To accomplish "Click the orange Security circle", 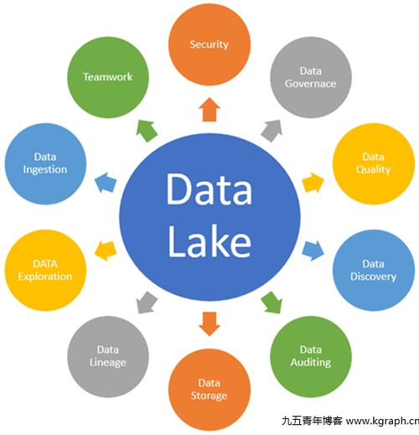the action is (209, 44).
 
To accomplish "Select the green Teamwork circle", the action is (108, 77).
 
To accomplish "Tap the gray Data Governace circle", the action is (311, 77).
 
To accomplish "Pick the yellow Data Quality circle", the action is (374, 163).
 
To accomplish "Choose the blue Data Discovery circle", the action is (374, 270).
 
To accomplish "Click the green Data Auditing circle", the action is (311, 356).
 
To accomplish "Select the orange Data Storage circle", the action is (209, 390).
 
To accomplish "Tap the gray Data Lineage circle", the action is (108, 356).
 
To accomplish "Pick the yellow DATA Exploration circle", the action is (45, 270).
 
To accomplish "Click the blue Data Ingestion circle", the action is (45, 163).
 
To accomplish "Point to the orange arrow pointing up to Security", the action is (209, 110).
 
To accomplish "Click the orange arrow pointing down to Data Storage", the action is (209, 324).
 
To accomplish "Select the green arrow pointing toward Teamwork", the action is (147, 131).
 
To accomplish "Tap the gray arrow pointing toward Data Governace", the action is (272, 131).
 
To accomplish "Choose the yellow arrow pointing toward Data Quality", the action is (313, 183).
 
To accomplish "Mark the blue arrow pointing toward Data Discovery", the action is (313, 251).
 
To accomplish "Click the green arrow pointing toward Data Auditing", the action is (272, 303).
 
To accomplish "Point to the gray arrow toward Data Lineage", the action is (147, 303).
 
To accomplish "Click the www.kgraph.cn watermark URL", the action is (382, 421).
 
